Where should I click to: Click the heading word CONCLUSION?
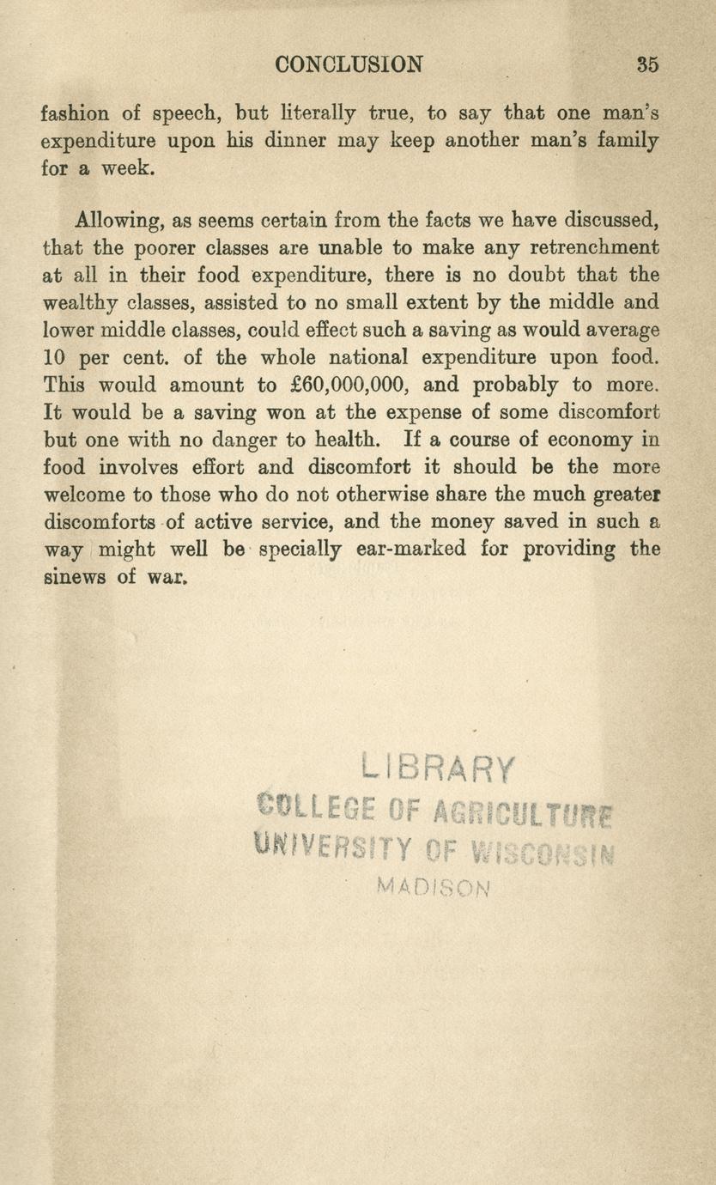coord(349,64)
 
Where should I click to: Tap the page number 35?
coord(647,64)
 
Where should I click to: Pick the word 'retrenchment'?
coord(596,248)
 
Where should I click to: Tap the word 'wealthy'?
coord(82,302)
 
